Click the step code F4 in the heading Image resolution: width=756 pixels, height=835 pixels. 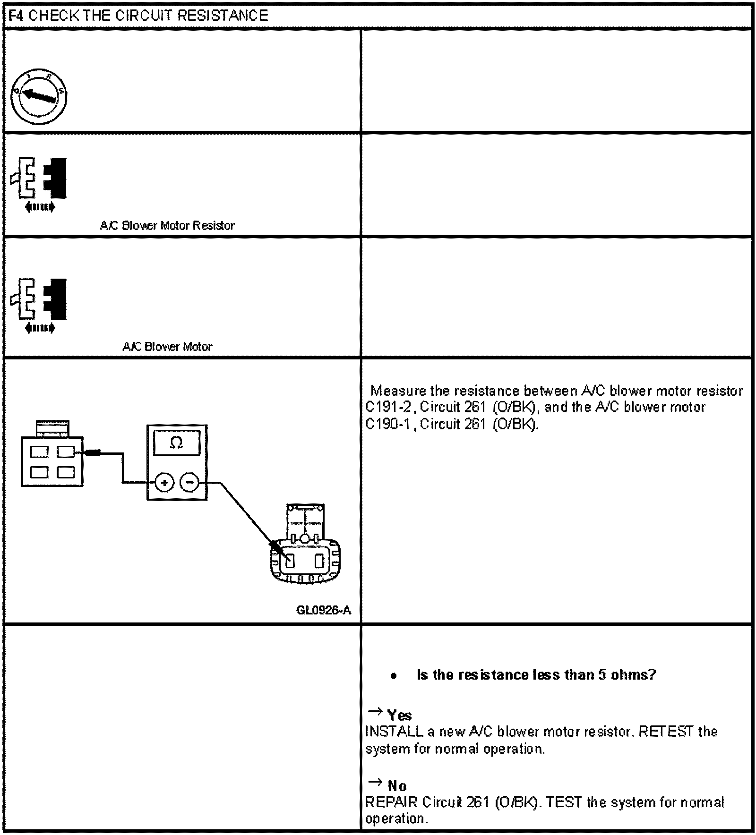click(x=16, y=16)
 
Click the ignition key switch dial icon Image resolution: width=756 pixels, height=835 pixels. click(x=39, y=97)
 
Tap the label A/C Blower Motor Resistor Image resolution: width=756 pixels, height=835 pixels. click(x=167, y=226)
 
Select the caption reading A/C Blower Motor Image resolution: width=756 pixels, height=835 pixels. click(x=167, y=347)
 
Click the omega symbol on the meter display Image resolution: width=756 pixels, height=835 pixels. click(x=176, y=443)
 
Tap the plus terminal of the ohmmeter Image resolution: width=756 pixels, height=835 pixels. click(x=164, y=483)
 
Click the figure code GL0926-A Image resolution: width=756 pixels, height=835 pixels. click(x=323, y=610)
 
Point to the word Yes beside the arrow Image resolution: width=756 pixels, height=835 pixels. click(x=399, y=715)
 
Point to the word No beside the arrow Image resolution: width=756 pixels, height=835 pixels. click(x=397, y=786)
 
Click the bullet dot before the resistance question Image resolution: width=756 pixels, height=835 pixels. click(x=394, y=676)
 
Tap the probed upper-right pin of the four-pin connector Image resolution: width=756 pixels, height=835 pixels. click(x=66, y=452)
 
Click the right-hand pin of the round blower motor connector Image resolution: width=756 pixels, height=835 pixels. click(x=319, y=561)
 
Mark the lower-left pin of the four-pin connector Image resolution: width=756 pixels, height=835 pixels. click(x=39, y=472)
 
